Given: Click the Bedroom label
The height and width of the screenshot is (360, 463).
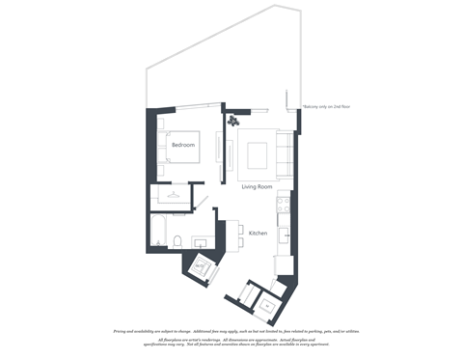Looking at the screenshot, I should (183, 145).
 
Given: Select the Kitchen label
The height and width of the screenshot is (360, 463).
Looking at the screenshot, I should (258, 234).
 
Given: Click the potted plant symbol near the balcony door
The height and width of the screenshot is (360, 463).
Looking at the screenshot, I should (233, 121).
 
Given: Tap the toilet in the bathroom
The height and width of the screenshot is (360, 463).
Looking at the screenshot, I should (178, 239).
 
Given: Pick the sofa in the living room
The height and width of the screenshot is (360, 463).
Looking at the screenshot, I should (285, 155).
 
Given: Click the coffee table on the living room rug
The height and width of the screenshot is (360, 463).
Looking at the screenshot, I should (258, 154).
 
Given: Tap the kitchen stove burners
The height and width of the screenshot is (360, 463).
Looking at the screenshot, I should (285, 205).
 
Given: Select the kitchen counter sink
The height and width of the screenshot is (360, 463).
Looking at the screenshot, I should (285, 233).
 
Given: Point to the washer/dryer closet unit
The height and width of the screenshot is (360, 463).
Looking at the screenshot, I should (203, 266).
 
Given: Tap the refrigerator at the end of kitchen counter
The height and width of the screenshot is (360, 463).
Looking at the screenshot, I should (283, 265).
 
